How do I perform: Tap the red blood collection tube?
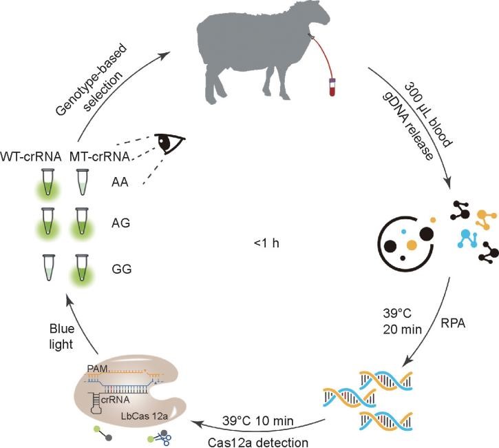[x=332, y=87]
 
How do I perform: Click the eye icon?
[x=169, y=143]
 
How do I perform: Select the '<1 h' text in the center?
[x=266, y=243]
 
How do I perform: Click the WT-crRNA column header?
[x=31, y=156]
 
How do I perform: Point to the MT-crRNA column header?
[x=100, y=156]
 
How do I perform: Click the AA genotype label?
[x=120, y=182]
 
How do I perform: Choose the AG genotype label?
[x=120, y=223]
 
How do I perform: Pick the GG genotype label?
[x=122, y=269]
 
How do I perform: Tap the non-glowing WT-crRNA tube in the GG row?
[x=48, y=267]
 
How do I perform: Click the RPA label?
[x=453, y=323]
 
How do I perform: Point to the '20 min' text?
[x=402, y=329]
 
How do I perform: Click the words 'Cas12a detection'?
[x=258, y=442]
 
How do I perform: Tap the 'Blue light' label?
[x=62, y=336]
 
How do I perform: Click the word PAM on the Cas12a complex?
[x=98, y=369]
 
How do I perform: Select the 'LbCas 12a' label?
[x=145, y=416]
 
